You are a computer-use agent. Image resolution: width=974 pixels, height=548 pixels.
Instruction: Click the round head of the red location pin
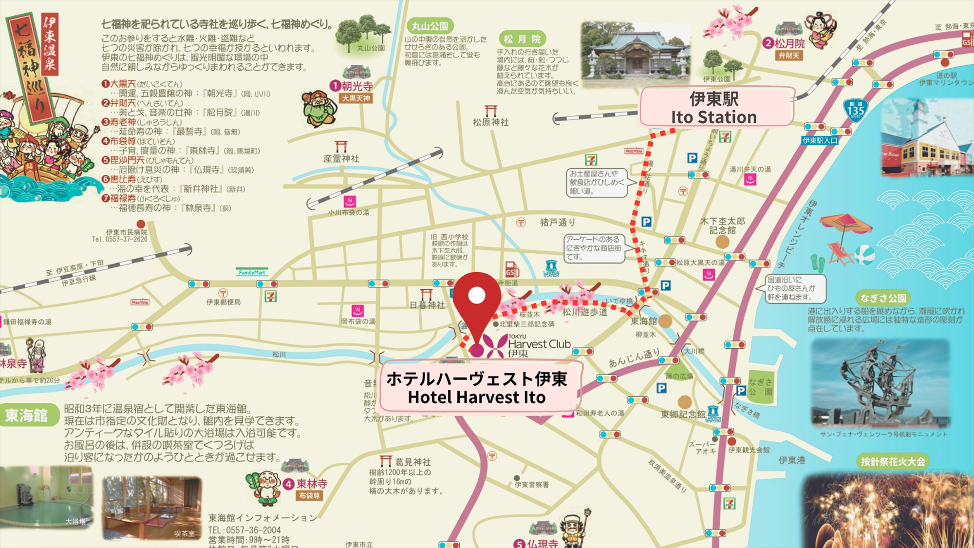point(477,295)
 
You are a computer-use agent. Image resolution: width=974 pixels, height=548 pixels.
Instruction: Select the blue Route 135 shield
point(856,111)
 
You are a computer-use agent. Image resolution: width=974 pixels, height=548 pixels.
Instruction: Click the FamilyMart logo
point(252,273)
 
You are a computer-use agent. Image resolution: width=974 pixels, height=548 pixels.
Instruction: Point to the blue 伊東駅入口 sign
point(821,141)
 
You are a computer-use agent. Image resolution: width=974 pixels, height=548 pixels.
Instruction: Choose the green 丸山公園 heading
point(430,26)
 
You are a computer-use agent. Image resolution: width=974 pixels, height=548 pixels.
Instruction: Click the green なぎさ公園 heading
point(883,298)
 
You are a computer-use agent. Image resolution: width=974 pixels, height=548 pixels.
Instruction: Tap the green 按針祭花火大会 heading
point(893,462)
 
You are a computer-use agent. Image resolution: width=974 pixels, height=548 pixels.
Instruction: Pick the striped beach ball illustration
point(864,255)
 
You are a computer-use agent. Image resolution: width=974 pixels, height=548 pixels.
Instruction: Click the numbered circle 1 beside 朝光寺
point(335,86)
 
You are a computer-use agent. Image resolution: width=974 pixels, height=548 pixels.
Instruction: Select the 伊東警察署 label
point(532,485)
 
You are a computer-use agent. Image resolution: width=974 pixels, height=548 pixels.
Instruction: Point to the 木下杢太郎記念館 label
point(722,226)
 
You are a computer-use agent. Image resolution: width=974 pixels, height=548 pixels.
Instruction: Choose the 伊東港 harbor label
point(792,460)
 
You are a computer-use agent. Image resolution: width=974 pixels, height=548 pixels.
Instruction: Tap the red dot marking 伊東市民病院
point(141,224)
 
